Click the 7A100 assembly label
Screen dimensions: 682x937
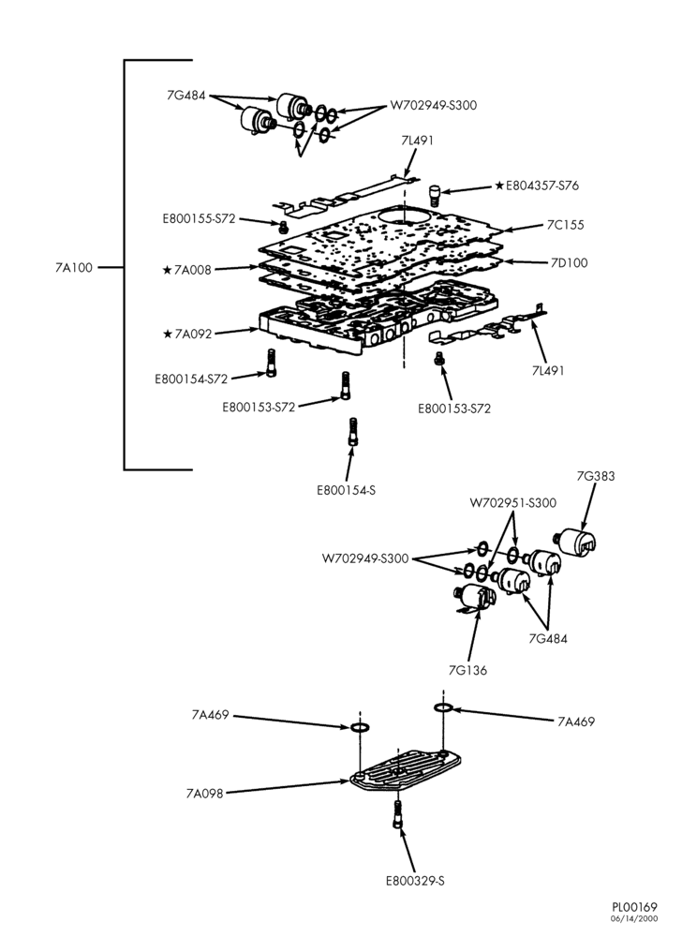coord(74,268)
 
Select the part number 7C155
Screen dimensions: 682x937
coord(566,225)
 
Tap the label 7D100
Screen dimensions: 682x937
coord(569,263)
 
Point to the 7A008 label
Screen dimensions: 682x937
coord(192,270)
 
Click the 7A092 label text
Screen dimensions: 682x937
coord(193,335)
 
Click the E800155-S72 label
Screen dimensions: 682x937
coord(199,218)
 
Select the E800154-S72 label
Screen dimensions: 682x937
coord(191,379)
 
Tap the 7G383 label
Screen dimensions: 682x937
coord(596,476)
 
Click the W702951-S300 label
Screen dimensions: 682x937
coord(513,503)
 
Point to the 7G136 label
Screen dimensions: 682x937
coord(467,671)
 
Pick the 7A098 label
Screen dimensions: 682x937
coord(204,794)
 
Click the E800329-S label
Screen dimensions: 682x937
coord(415,881)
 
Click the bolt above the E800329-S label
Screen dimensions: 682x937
coord(397,814)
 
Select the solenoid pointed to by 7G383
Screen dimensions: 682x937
coord(577,542)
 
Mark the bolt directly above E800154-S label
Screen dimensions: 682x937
coord(352,431)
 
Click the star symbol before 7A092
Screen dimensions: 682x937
coord(167,334)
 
